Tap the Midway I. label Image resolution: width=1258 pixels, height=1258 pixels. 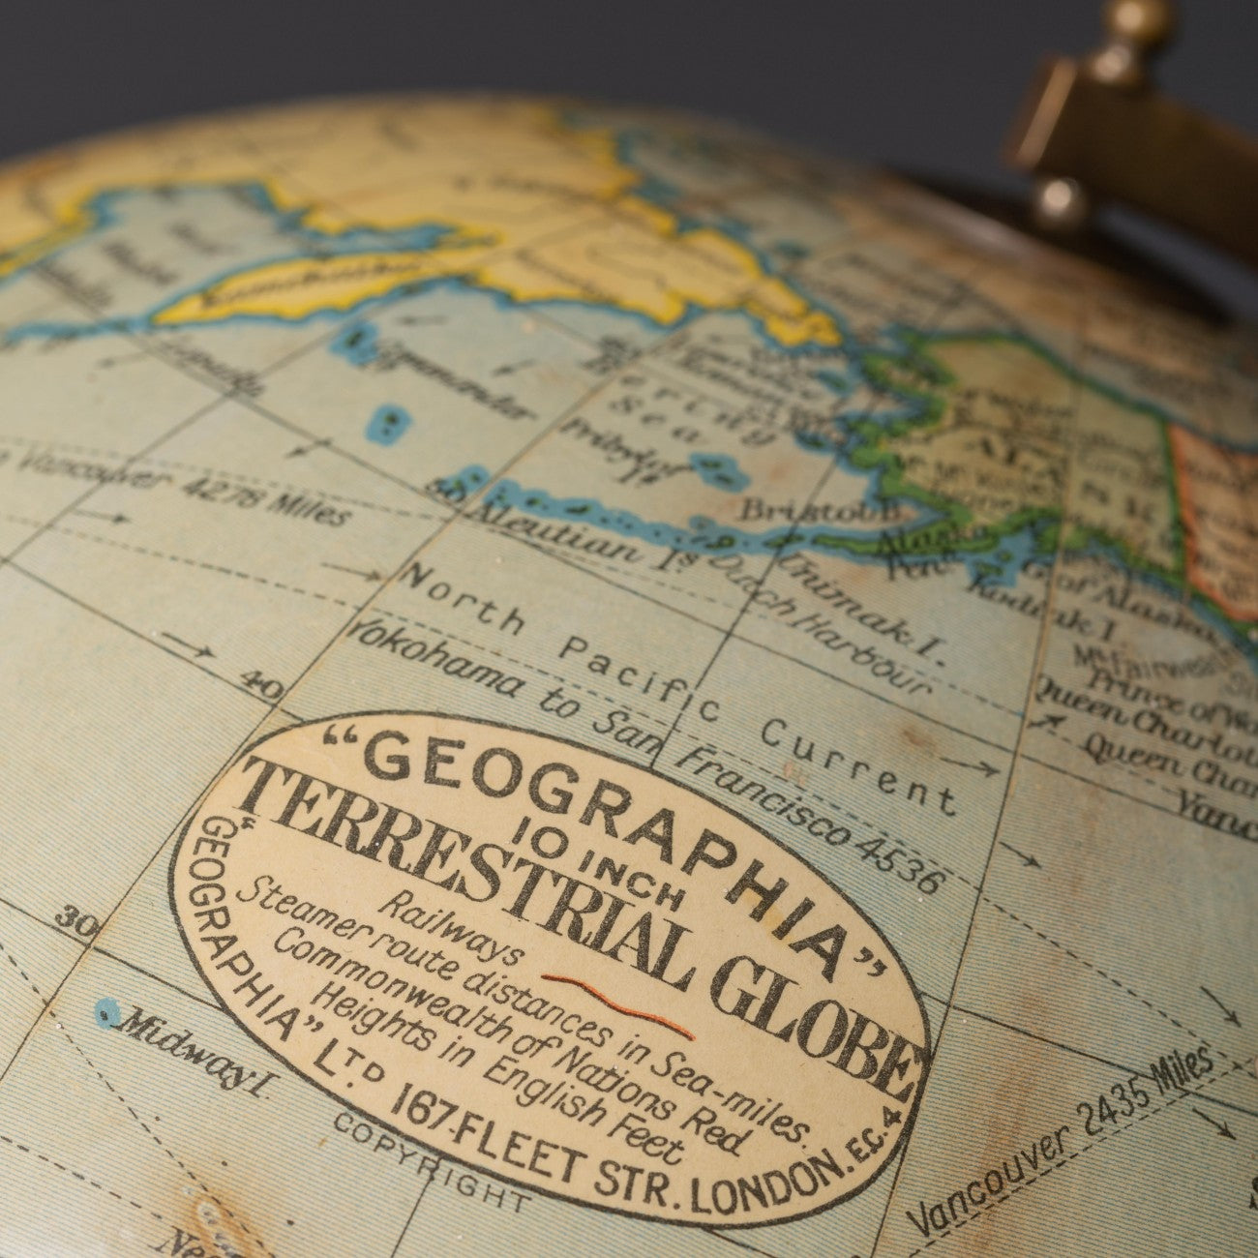(193, 1051)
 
